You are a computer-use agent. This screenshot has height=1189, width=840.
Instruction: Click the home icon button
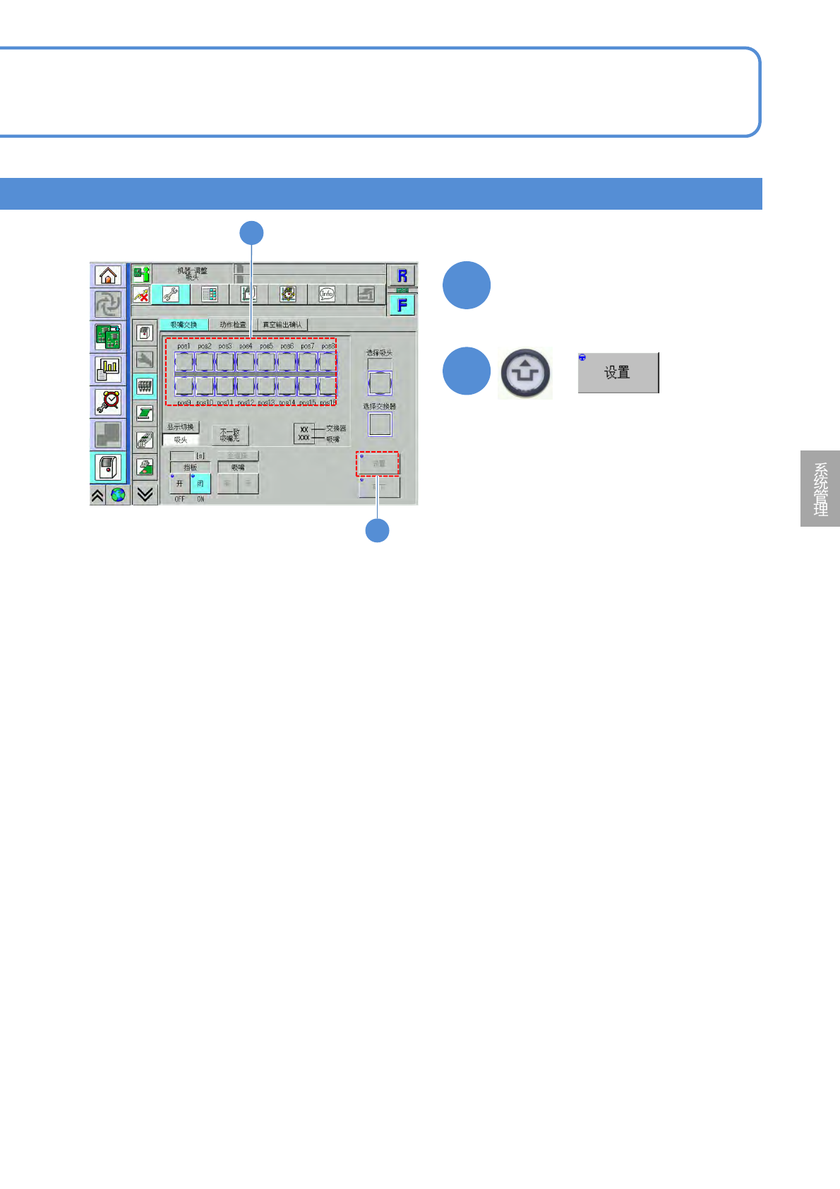tap(108, 275)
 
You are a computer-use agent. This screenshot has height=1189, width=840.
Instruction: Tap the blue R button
tap(402, 275)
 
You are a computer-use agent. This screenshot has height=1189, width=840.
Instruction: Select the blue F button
tap(402, 305)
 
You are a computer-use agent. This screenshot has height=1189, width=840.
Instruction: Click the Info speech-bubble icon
tap(326, 294)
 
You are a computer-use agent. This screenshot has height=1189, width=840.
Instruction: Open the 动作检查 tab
tap(232, 325)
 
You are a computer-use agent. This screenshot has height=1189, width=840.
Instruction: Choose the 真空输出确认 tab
tap(282, 325)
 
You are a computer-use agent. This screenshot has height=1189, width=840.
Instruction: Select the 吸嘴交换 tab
tap(184, 325)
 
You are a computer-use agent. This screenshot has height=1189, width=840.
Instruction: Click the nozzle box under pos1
tap(184, 362)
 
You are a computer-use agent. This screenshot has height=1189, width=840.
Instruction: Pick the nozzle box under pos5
tap(266, 362)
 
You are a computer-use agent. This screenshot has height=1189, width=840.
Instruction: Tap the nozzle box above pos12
tap(246, 386)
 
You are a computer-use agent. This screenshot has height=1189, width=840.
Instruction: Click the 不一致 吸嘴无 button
tap(230, 435)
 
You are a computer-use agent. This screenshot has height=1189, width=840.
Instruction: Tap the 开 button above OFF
tap(179, 484)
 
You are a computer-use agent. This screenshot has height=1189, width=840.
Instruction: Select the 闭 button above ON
tap(200, 484)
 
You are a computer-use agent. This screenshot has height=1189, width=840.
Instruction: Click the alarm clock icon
tap(108, 401)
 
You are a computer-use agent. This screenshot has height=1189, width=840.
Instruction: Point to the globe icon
tap(118, 495)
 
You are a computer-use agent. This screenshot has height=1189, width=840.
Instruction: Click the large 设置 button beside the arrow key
tap(618, 373)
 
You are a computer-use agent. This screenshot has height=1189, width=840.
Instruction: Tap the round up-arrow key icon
tap(525, 374)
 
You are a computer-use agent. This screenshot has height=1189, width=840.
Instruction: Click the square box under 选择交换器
tap(380, 424)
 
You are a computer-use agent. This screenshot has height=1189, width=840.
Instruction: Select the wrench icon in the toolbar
tap(170, 294)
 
